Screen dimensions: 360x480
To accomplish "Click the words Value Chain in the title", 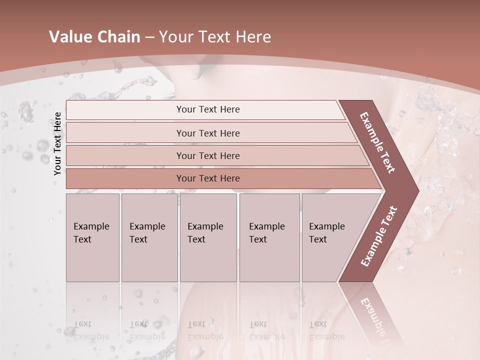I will (94, 37).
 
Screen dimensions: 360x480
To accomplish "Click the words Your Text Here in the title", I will (215, 37).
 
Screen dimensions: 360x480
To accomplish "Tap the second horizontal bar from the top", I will (208, 133).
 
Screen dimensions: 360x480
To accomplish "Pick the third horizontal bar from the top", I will (208, 155).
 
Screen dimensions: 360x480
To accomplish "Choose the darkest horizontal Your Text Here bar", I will (208, 178).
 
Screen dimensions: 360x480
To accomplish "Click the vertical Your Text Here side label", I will (57, 143).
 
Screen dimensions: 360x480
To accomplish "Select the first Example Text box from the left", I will (92, 237).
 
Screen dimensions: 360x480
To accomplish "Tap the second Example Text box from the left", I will (149, 237).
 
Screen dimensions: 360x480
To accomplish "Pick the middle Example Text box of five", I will (208, 237).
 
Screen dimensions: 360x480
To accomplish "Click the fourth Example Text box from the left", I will (269, 237).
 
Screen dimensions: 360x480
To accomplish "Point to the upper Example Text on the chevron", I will (377, 142).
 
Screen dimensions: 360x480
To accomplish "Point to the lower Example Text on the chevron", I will (379, 236).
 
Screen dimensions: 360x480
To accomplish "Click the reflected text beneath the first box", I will (91, 330).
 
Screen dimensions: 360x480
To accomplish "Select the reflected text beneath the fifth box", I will (326, 330).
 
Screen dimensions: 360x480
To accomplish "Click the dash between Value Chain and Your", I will (149, 37).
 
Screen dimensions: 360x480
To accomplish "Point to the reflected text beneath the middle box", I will (205, 330).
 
